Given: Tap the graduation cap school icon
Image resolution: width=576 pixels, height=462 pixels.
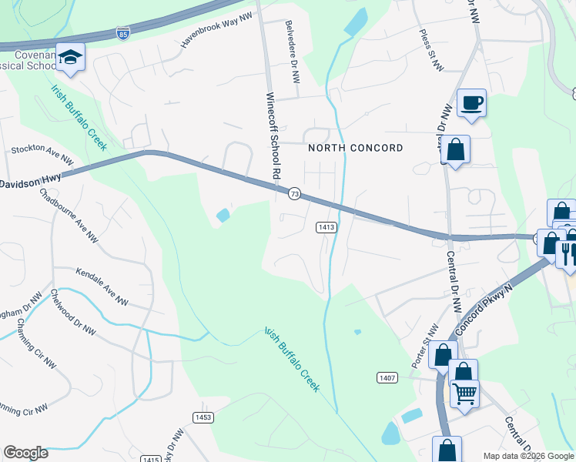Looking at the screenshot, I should (71, 58).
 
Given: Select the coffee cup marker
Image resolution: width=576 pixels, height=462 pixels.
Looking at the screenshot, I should (471, 102).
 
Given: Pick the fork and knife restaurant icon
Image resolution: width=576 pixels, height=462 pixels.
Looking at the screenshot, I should (568, 253).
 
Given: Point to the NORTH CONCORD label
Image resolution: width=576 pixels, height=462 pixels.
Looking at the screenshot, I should (355, 148).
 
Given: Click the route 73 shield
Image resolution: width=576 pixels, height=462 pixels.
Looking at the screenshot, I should (294, 194).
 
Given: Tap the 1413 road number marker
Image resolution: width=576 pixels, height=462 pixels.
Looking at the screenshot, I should (326, 227).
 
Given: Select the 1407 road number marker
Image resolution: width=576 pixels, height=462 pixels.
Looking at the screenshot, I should (387, 377).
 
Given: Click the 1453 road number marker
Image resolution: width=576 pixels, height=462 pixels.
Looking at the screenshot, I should (203, 417).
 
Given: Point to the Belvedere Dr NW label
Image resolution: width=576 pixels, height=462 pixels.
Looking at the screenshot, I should (293, 52).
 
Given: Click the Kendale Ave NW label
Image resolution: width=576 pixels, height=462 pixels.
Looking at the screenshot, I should (102, 286).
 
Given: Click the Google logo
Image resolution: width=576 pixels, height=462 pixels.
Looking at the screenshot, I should (25, 453).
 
